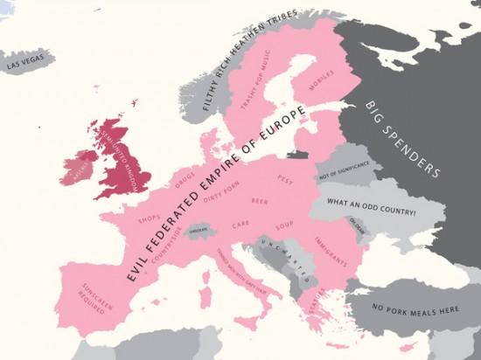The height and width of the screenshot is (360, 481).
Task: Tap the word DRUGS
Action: (185, 179)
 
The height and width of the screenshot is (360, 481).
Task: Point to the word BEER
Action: (259, 202)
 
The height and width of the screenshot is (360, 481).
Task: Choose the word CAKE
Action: (240, 225)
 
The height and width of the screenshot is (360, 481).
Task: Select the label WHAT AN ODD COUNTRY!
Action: (371, 211)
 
